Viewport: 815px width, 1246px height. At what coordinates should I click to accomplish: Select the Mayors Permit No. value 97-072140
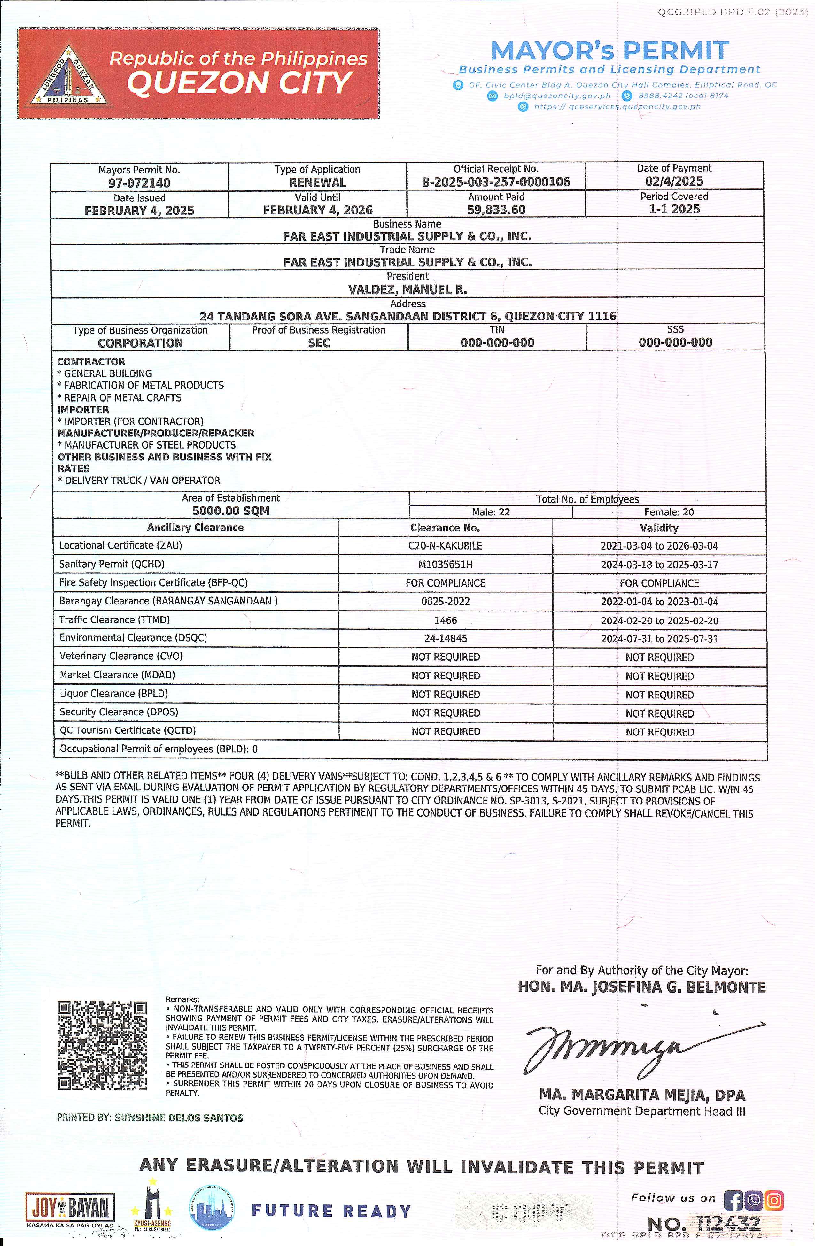click(x=139, y=183)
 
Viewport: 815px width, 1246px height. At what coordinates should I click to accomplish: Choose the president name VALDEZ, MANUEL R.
click(x=407, y=289)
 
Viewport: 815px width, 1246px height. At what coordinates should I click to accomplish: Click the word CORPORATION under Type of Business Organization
click(x=140, y=343)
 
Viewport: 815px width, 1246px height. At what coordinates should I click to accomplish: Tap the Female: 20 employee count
click(x=669, y=512)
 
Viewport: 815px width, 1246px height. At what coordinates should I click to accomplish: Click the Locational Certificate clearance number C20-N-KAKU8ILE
click(x=445, y=545)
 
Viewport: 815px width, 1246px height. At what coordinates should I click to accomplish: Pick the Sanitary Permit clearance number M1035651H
click(x=445, y=564)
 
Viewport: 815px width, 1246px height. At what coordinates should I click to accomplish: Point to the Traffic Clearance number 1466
click(x=445, y=620)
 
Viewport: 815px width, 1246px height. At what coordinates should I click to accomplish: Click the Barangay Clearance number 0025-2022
click(x=445, y=602)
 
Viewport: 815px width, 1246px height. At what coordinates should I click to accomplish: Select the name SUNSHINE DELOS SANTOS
click(x=179, y=1118)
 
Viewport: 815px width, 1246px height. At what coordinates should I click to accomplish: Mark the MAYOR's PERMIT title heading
click(x=610, y=51)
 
